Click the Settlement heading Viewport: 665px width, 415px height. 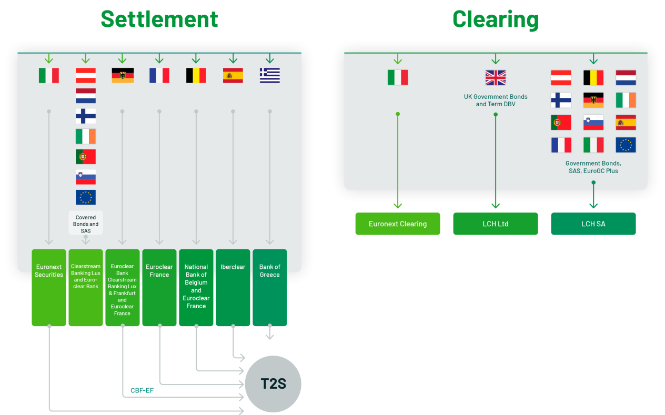[159, 19]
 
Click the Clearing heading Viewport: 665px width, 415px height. [495, 19]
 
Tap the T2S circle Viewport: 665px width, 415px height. [273, 384]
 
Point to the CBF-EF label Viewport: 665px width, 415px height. [142, 391]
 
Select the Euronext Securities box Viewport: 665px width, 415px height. [49, 287]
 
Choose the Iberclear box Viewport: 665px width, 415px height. [233, 287]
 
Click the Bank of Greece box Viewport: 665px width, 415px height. [270, 287]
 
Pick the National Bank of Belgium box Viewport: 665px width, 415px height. [196, 287]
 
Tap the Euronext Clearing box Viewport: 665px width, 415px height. [398, 224]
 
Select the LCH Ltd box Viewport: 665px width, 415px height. [496, 224]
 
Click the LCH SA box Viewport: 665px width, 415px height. [593, 224]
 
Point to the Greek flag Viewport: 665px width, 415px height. [270, 76]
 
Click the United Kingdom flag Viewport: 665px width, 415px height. [496, 78]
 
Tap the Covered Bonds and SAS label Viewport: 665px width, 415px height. [86, 224]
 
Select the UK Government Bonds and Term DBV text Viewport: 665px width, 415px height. [496, 100]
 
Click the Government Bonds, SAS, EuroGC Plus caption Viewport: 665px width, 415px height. [593, 167]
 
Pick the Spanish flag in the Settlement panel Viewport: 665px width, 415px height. [233, 76]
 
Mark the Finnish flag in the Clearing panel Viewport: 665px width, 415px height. [561, 100]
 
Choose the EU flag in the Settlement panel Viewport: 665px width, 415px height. [86, 197]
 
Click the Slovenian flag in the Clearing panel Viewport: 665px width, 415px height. [593, 123]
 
